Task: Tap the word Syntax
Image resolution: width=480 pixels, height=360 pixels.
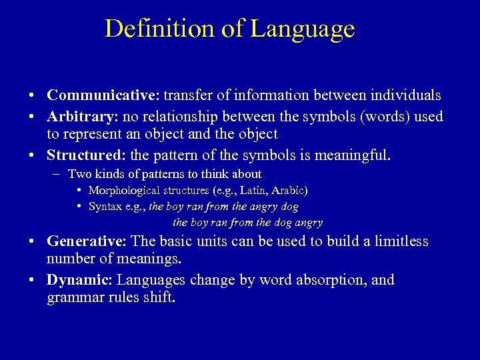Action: (x=107, y=207)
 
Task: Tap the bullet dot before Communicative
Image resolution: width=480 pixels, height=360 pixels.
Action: (x=32, y=95)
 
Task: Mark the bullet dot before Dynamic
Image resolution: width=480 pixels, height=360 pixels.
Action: (x=32, y=280)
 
